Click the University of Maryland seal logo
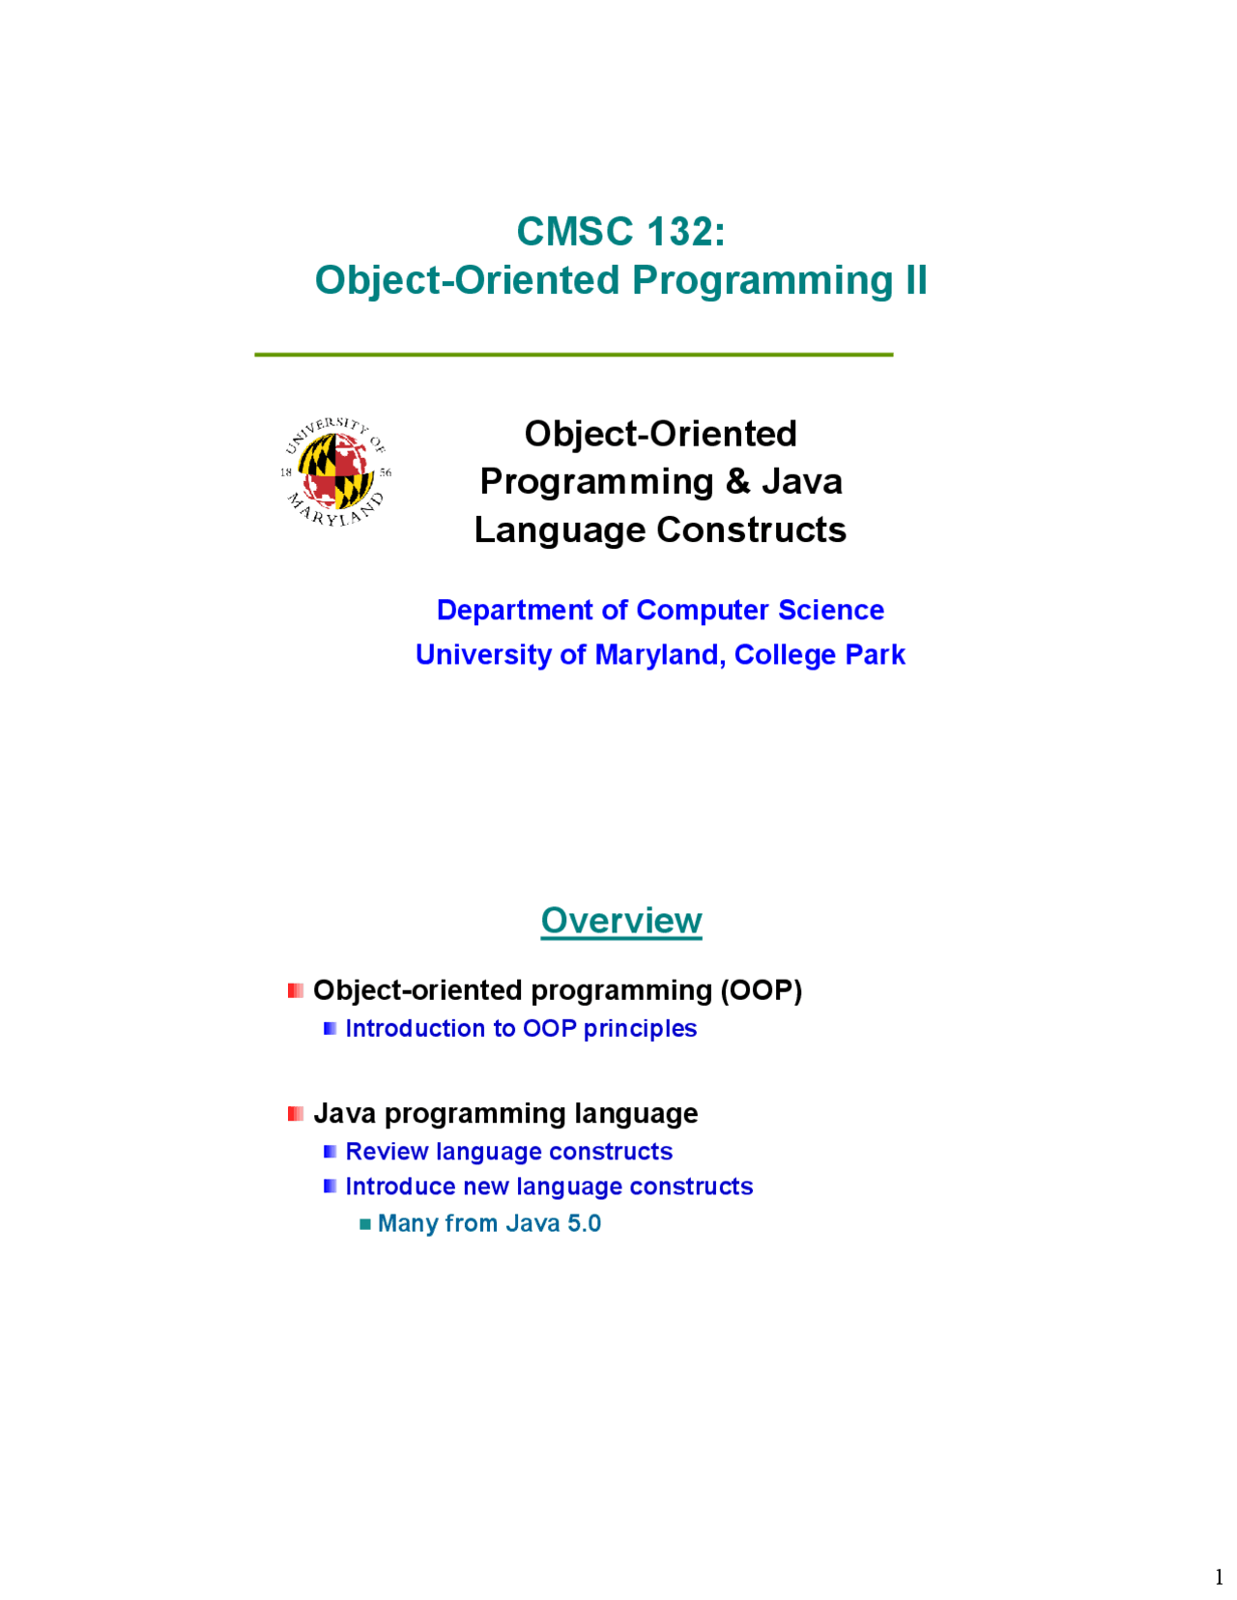pos(335,471)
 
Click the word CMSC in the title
pos(575,231)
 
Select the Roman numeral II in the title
pos(915,280)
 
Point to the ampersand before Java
pos(738,481)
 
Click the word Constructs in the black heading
pos(751,530)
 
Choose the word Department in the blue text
pos(515,611)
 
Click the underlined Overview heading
pos(621,921)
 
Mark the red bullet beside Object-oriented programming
pos(296,991)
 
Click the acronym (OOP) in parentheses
pos(762,991)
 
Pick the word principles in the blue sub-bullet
pos(640,1029)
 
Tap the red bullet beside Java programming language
pos(296,1114)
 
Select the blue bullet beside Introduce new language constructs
pos(331,1186)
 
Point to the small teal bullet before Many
pos(365,1224)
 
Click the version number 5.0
pos(585,1224)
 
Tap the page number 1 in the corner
pos(1220,1577)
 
